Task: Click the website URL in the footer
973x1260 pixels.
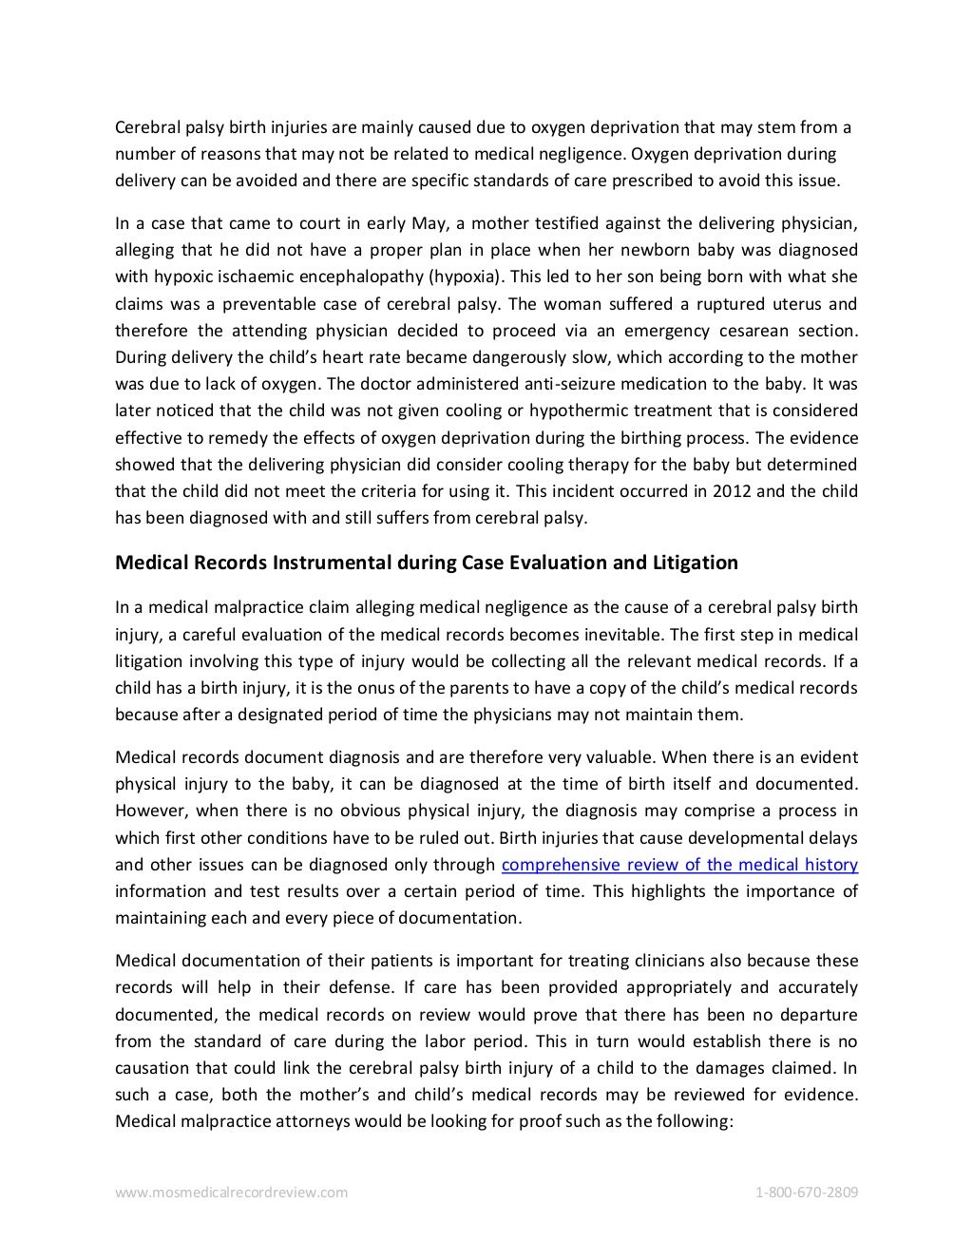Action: click(x=231, y=1192)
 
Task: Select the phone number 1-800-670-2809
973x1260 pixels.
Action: click(x=807, y=1192)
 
